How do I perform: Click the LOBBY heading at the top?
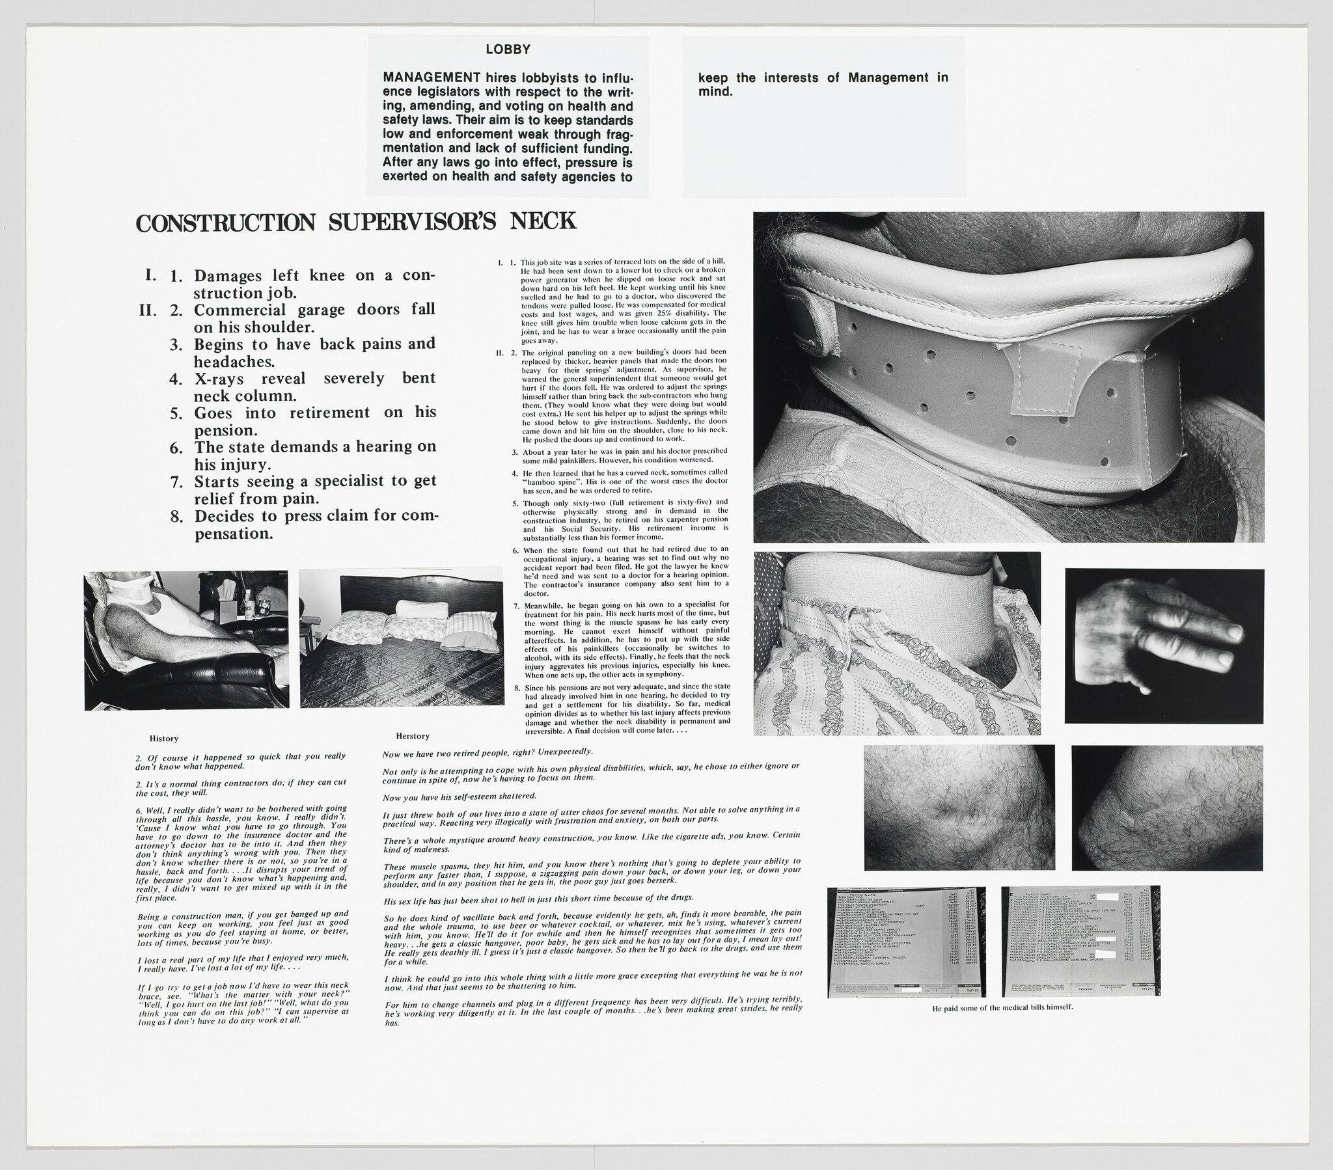[x=508, y=49]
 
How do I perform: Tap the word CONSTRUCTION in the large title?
[x=226, y=223]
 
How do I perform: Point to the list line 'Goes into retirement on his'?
[x=314, y=413]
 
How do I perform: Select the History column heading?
[x=163, y=739]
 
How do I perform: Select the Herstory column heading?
[x=412, y=736]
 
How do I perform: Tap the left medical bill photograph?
[x=906, y=941]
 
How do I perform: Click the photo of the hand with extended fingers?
[x=1163, y=645]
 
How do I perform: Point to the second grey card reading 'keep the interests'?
[x=823, y=85]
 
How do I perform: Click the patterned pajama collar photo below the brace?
[x=897, y=643]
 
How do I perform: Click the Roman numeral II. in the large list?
[x=148, y=310]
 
